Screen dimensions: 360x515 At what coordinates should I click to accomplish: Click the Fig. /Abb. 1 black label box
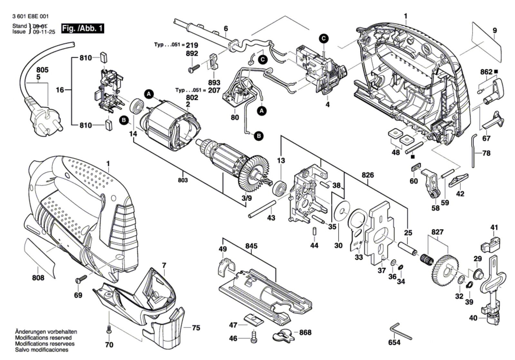click(83, 28)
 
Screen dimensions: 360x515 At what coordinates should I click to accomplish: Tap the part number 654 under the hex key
click(394, 342)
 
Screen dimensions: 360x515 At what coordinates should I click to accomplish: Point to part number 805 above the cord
click(42, 70)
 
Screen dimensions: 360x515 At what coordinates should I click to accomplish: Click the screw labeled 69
click(82, 279)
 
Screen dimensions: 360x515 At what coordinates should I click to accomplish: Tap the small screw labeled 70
click(109, 330)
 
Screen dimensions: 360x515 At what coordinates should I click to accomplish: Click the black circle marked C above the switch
click(324, 39)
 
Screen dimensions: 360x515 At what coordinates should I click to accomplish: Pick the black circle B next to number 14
click(123, 120)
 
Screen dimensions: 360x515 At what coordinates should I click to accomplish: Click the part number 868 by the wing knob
click(305, 332)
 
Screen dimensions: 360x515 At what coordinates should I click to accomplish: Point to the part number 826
click(367, 175)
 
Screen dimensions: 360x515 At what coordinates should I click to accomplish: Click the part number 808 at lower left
click(38, 277)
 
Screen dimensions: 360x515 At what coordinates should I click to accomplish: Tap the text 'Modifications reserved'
click(43, 338)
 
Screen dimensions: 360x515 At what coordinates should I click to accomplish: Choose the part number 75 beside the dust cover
click(196, 328)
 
